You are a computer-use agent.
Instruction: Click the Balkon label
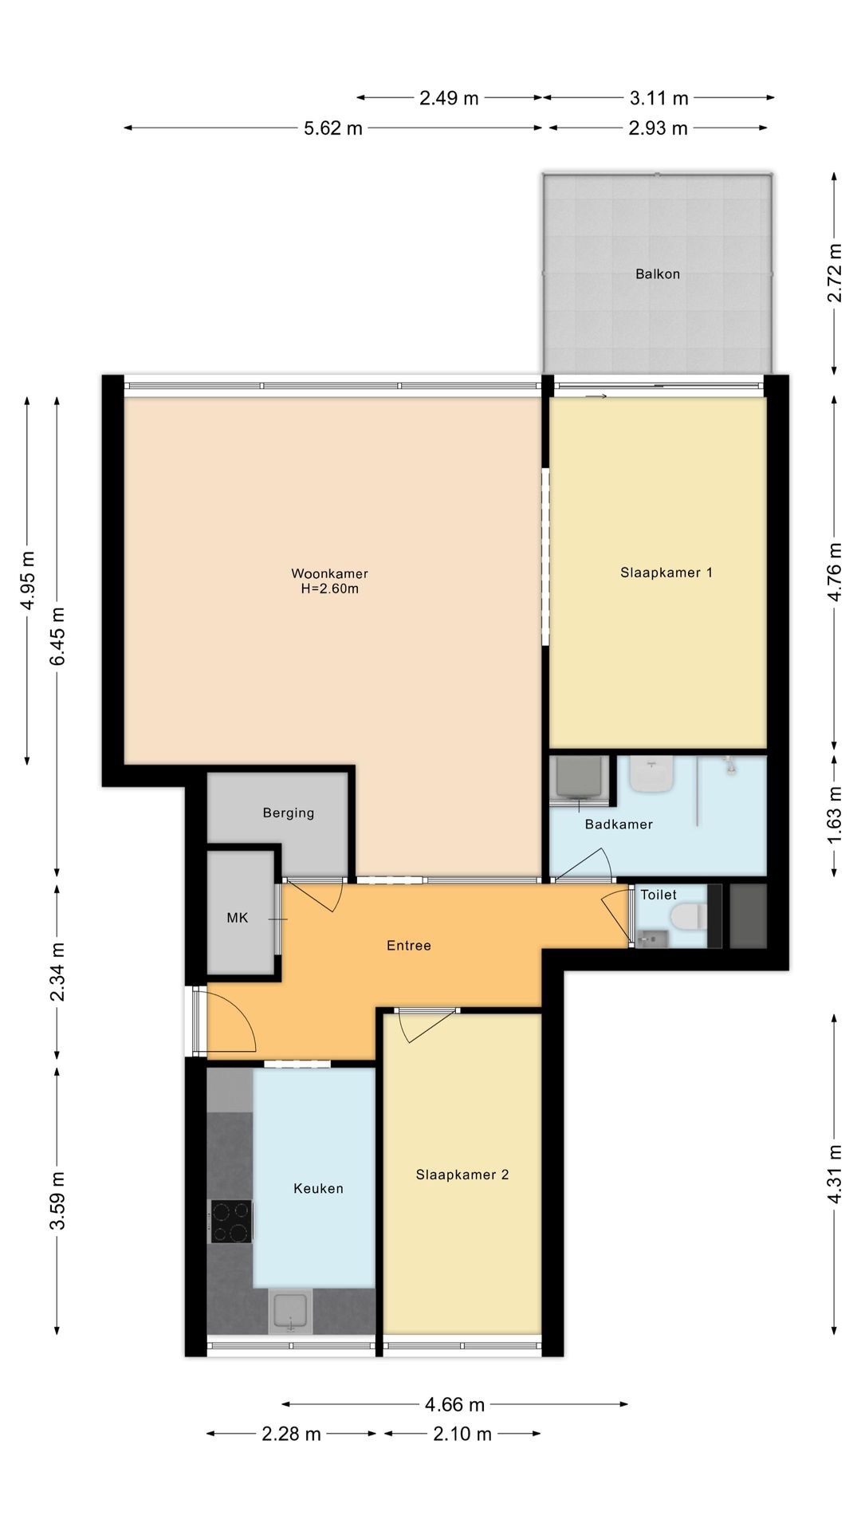click(x=658, y=274)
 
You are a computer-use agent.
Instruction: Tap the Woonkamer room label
click(x=329, y=573)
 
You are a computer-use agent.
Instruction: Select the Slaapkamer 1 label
click(x=666, y=573)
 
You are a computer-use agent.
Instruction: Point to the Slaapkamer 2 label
click(x=462, y=1175)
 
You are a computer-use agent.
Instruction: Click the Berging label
click(x=289, y=813)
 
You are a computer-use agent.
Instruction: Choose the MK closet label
click(x=238, y=918)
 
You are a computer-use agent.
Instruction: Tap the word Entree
click(x=409, y=946)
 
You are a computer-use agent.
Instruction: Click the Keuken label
click(x=318, y=1188)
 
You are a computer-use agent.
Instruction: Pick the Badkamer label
click(x=619, y=825)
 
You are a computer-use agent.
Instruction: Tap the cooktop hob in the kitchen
click(x=230, y=1222)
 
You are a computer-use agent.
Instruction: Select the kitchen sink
click(x=289, y=1311)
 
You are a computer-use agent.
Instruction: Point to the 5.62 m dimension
click(x=333, y=128)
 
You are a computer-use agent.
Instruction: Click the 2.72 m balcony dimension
click(x=835, y=273)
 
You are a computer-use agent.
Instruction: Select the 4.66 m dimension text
click(x=455, y=1404)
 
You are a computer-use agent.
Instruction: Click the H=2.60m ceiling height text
click(x=329, y=589)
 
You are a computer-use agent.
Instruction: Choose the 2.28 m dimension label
click(x=292, y=1435)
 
